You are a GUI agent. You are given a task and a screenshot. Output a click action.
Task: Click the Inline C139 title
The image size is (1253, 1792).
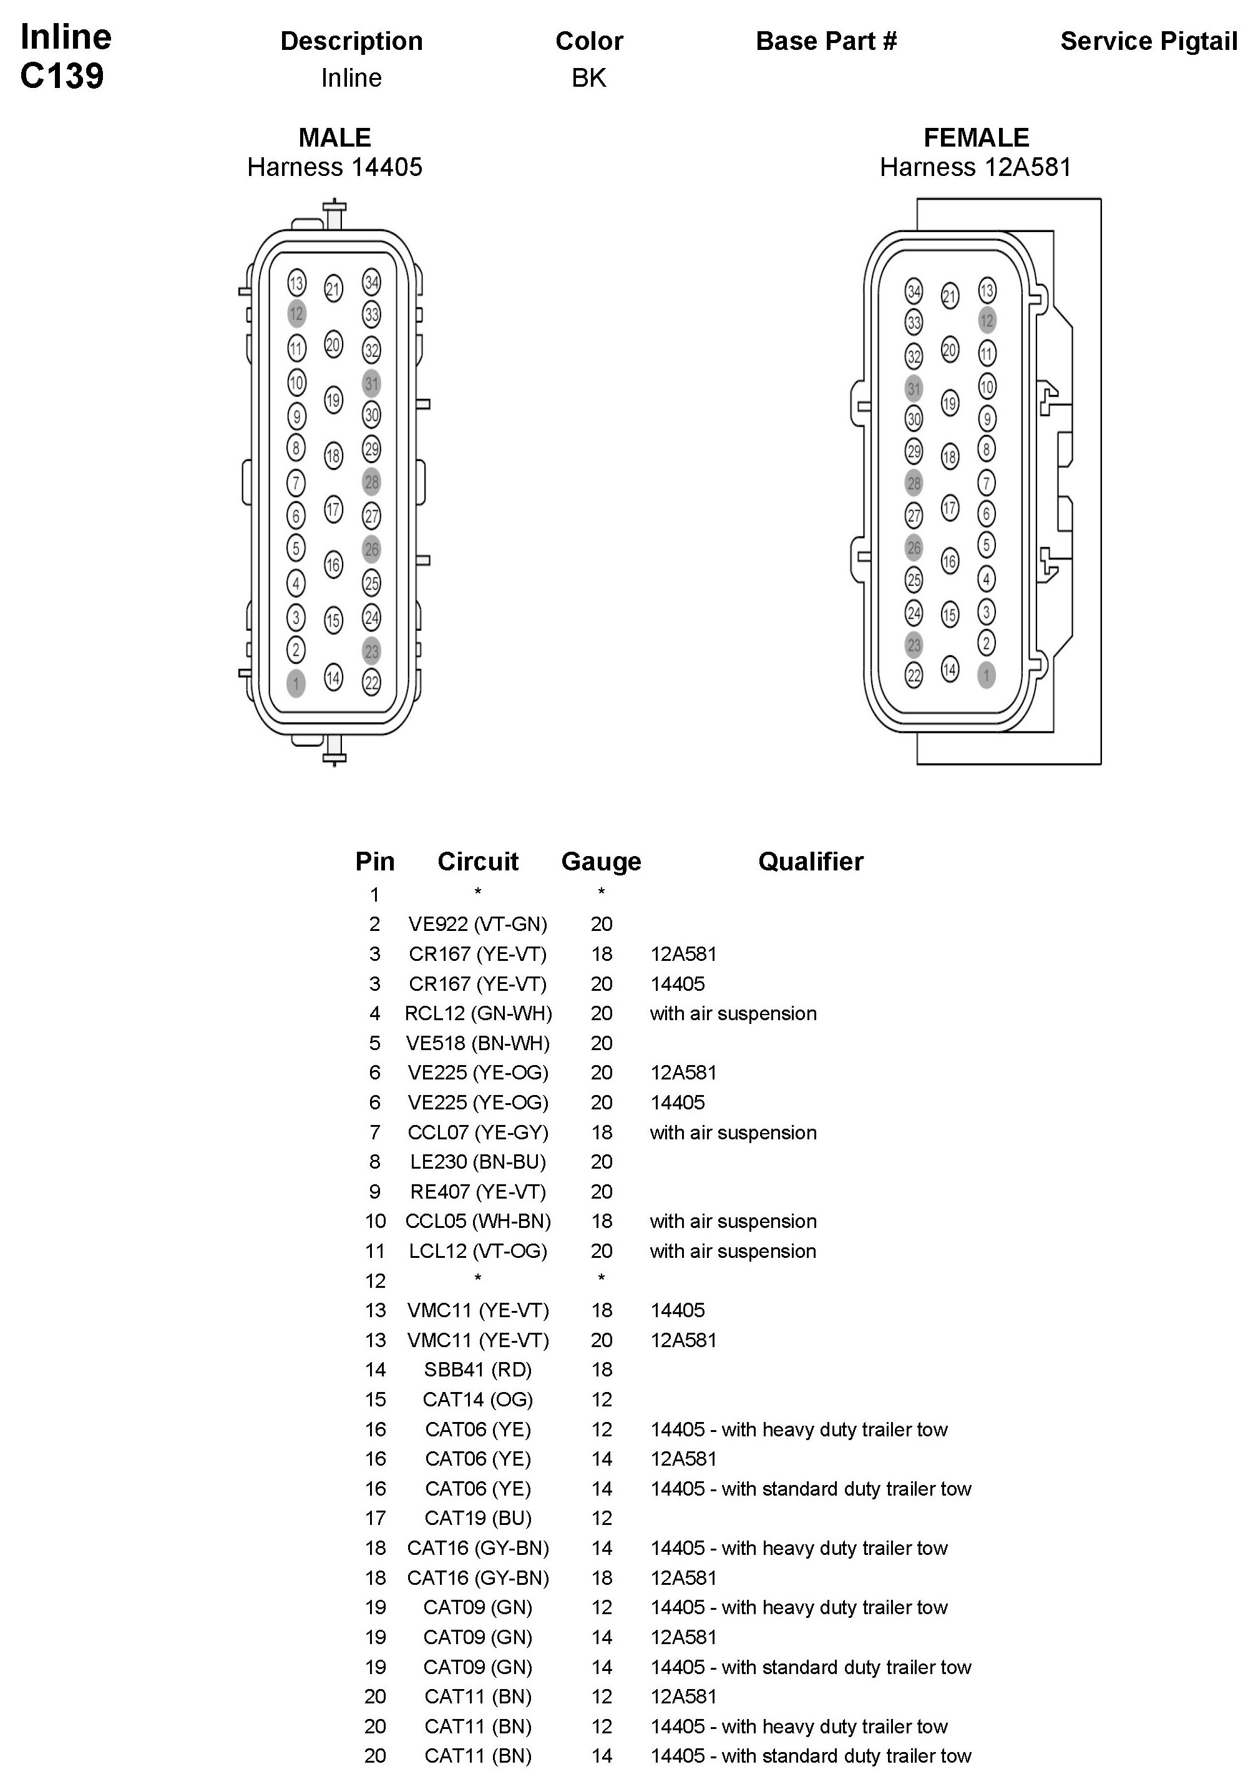(x=66, y=56)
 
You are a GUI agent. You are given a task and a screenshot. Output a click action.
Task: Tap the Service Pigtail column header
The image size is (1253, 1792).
(x=1148, y=41)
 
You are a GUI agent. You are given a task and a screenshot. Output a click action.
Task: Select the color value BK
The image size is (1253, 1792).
(x=588, y=78)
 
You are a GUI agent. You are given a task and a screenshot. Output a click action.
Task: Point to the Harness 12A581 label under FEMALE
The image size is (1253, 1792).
(x=975, y=167)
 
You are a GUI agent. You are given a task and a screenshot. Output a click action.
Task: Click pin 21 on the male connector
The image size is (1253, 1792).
(x=333, y=289)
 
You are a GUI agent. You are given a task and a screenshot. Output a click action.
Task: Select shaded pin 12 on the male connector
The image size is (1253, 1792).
(x=296, y=314)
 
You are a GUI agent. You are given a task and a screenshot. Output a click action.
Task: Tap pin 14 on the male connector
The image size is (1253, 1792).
(x=333, y=678)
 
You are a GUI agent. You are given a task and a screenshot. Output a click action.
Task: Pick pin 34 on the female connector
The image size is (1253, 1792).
(x=914, y=291)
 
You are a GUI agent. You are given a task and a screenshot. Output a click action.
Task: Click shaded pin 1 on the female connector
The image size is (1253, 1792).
(x=986, y=675)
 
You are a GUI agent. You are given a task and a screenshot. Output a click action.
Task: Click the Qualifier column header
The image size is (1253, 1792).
(x=811, y=861)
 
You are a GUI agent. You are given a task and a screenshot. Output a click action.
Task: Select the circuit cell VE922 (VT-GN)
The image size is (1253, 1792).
(x=478, y=924)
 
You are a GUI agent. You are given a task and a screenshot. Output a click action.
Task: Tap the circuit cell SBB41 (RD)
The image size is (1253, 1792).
(x=478, y=1370)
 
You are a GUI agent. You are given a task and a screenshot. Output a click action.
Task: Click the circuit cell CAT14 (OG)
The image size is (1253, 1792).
(x=478, y=1400)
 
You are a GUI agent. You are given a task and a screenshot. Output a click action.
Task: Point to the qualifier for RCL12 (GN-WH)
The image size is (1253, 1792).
(x=733, y=1013)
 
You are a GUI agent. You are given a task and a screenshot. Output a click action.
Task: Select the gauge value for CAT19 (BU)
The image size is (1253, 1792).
(x=601, y=1518)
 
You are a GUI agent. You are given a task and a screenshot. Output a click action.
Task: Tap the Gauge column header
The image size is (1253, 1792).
(x=601, y=861)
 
